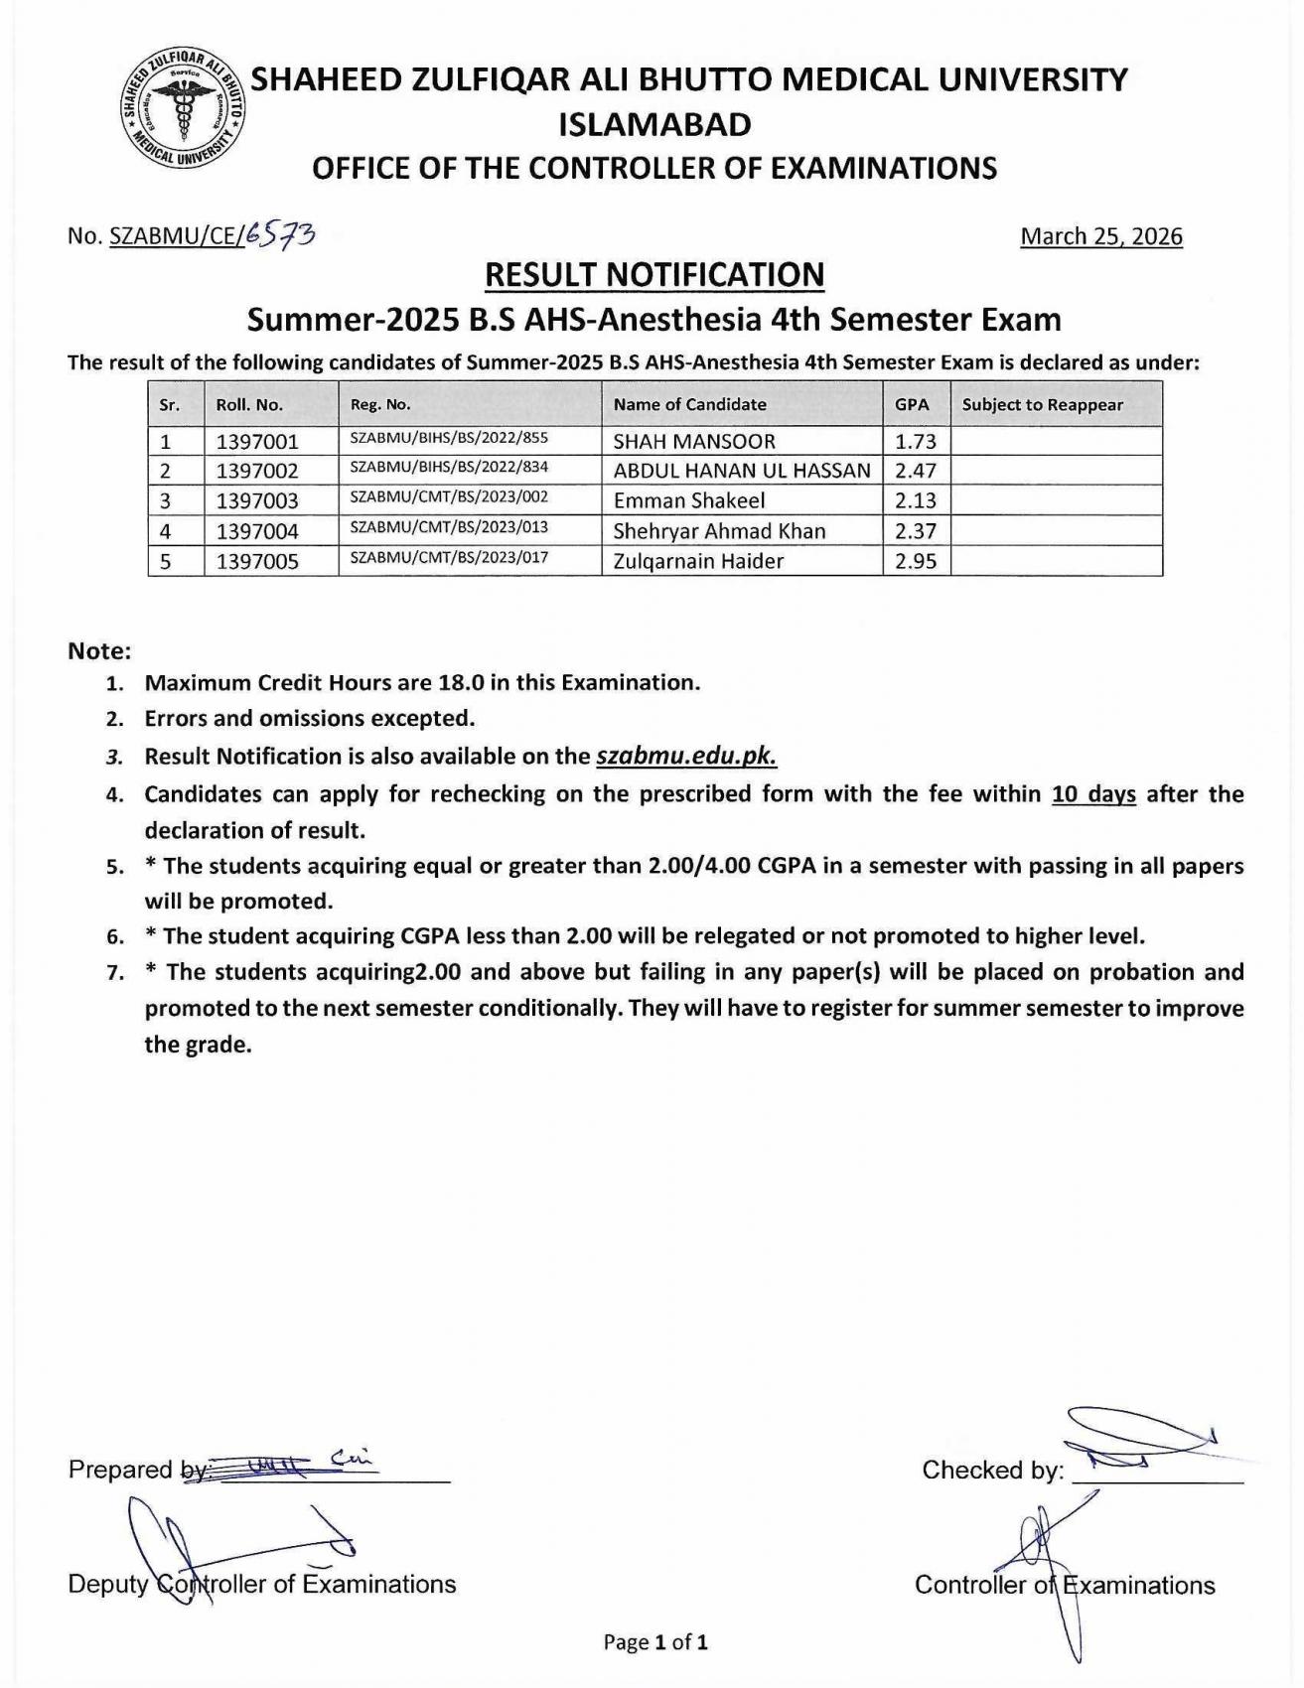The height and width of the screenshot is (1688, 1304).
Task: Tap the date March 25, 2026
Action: tap(1100, 236)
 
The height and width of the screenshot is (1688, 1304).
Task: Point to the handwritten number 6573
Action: tap(282, 234)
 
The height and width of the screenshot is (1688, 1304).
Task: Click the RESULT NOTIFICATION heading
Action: tap(653, 274)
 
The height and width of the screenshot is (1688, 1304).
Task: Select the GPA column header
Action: tap(912, 404)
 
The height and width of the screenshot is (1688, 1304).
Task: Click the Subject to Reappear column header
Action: tap(1042, 404)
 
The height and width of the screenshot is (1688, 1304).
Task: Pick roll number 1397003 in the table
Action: tap(257, 500)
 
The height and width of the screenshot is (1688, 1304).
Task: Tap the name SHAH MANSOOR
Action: tap(694, 441)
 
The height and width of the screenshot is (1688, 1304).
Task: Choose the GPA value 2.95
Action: tap(916, 561)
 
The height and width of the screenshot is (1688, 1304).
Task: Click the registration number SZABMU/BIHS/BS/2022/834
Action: tap(449, 467)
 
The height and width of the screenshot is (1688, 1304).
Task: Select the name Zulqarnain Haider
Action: tap(698, 561)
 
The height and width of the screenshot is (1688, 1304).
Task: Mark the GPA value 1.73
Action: tap(916, 441)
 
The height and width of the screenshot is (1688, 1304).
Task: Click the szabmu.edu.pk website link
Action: tap(686, 757)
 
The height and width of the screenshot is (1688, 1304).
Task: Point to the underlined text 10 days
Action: tap(1093, 793)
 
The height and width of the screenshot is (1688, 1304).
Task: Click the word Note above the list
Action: tap(99, 651)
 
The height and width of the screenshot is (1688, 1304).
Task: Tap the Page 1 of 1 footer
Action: tap(655, 1642)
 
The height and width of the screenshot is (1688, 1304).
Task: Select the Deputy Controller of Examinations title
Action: tap(262, 1584)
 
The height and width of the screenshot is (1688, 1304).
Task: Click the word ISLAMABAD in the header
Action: tap(654, 124)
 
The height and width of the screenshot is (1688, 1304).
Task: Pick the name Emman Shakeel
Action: tap(689, 500)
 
